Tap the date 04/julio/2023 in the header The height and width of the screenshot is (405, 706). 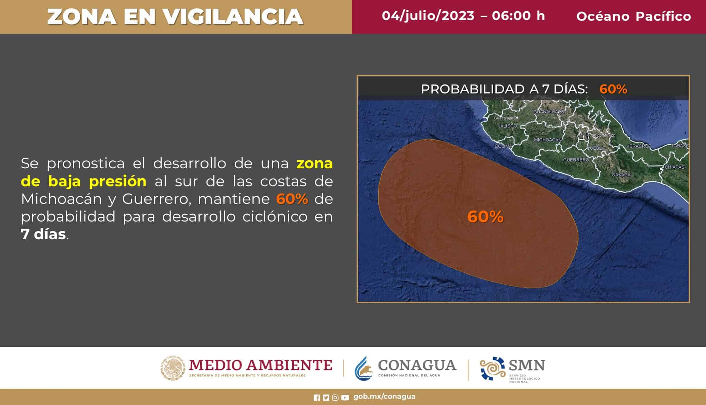[428, 16]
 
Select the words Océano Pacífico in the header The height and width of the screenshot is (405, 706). [633, 16]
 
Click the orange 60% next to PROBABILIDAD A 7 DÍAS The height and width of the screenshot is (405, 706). [613, 89]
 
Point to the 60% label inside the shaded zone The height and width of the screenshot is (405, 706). [485, 217]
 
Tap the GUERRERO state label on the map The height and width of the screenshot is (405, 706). [576, 160]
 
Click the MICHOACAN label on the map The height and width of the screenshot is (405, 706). [548, 140]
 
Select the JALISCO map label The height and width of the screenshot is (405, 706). [507, 126]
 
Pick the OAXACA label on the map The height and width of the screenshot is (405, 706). [621, 175]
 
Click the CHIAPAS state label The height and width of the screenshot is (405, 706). [674, 167]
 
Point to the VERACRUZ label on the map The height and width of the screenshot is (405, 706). [639, 146]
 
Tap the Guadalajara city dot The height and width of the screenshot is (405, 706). [517, 118]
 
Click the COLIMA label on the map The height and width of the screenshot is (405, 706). [503, 147]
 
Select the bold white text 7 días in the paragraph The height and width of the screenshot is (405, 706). [43, 234]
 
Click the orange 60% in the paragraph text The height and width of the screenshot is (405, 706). [292, 199]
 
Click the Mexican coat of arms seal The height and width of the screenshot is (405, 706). [173, 368]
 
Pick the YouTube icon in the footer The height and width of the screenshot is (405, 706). [345, 398]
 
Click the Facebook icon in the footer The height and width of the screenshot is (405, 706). [317, 398]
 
